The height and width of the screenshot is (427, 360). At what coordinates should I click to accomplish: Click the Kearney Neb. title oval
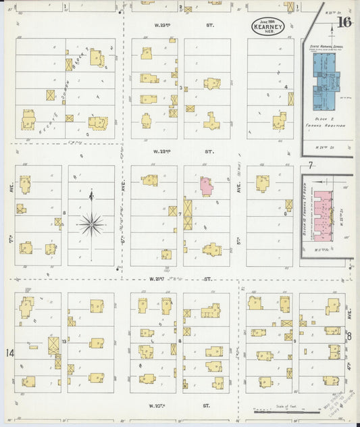point(267,28)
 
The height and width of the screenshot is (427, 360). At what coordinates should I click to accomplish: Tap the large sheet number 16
point(344,23)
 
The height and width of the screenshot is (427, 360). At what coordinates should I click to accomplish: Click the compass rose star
point(91,224)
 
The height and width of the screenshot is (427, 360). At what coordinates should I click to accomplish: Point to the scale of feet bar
point(279,409)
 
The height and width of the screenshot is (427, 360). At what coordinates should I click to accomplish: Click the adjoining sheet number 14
point(9,353)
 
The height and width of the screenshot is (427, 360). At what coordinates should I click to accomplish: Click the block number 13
point(64,343)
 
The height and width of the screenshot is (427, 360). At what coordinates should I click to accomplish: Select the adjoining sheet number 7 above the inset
point(310,165)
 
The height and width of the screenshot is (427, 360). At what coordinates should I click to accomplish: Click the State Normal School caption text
point(324,47)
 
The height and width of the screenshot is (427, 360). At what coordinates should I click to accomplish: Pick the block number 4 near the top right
point(286,86)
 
